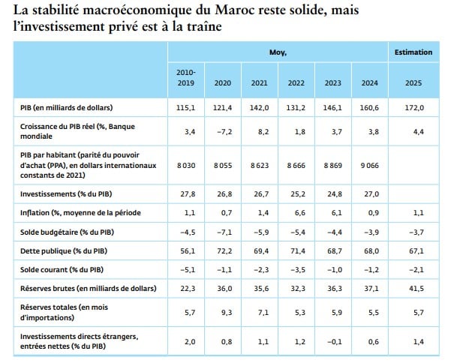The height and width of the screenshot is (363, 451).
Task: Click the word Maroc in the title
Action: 235,10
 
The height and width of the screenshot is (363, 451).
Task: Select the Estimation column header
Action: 413,52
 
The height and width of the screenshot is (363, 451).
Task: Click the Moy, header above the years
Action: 278,52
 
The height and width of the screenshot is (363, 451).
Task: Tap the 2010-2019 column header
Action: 186,77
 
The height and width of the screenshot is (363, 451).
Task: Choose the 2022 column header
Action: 296,83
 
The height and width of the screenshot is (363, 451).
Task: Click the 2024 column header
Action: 370,83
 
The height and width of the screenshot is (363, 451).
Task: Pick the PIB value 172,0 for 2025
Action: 414,108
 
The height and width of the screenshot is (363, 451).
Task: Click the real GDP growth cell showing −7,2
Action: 223,132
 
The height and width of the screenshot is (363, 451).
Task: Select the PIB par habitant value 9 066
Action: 370,165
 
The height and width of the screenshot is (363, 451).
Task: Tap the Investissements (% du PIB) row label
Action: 66,194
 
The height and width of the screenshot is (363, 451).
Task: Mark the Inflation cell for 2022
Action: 299,213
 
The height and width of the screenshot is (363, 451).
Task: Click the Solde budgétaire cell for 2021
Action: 261,232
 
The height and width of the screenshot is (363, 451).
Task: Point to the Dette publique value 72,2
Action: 224,251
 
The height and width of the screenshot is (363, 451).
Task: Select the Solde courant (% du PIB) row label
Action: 62,270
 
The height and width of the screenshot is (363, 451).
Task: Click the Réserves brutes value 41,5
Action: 416,288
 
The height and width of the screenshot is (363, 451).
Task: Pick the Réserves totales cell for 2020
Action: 227,313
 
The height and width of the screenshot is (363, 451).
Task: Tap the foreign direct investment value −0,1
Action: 335,342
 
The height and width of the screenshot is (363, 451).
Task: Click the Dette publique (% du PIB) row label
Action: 64,251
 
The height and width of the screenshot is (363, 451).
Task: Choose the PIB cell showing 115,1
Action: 185,108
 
